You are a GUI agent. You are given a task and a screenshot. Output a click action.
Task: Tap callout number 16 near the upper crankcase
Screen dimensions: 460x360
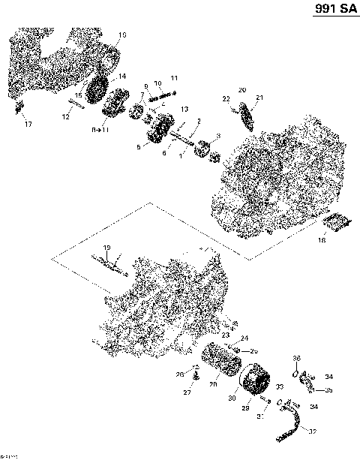coord(123,35)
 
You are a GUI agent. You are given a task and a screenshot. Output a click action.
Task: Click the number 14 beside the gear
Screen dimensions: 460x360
coord(122,77)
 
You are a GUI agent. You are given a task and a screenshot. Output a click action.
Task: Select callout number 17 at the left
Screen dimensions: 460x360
coord(28,122)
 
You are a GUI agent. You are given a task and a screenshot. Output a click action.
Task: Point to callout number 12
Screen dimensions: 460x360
coord(67,116)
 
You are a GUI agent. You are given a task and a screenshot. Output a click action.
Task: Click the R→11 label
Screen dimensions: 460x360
coord(100,131)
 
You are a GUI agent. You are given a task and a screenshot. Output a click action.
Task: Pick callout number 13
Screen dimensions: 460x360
coord(182,110)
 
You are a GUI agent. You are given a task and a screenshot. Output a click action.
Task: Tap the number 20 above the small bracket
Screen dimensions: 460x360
coord(241,90)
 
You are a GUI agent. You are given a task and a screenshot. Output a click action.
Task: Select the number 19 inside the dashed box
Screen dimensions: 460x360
coord(106,248)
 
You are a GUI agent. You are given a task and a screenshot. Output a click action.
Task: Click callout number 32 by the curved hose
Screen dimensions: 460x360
coord(312,431)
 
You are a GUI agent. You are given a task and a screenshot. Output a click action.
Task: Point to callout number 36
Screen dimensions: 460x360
coord(297,357)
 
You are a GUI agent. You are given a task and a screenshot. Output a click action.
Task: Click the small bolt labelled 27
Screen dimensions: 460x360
coord(193,378)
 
